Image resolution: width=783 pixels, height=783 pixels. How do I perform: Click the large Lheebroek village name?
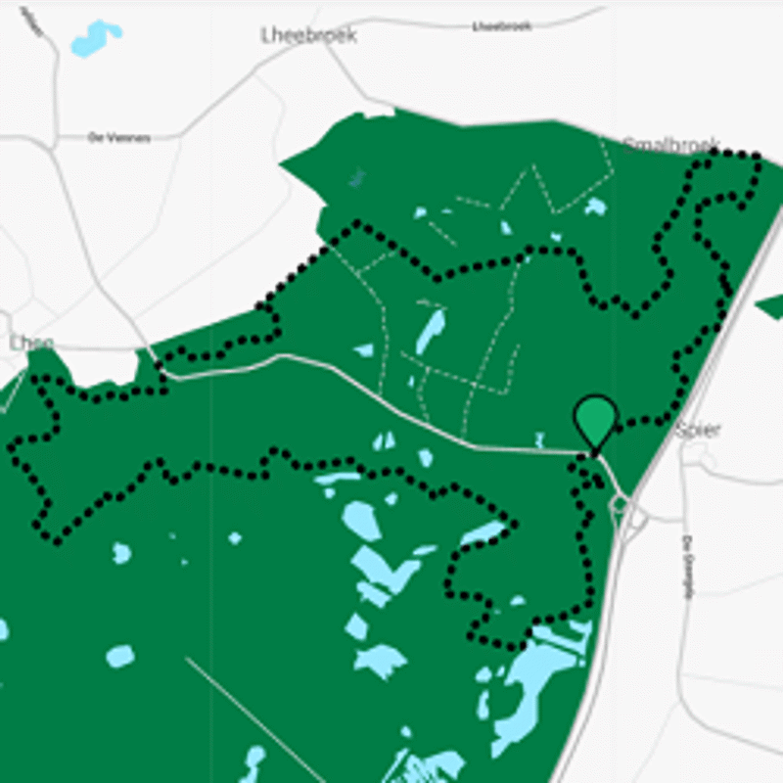click(308, 35)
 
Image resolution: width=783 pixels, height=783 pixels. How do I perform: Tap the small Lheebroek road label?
click(500, 26)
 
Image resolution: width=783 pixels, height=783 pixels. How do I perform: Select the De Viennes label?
click(119, 138)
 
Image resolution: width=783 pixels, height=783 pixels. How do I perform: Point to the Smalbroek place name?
click(671, 145)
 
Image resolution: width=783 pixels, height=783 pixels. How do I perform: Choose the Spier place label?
click(698, 430)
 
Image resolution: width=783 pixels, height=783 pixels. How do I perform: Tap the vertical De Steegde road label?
click(687, 558)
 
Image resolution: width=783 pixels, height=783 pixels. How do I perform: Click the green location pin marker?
click(595, 421)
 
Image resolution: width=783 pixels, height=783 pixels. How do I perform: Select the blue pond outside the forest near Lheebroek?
click(96, 38)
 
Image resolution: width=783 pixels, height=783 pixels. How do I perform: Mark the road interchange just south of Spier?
click(622, 506)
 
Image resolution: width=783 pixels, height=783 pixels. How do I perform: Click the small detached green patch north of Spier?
click(769, 307)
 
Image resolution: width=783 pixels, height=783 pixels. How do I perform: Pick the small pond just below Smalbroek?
click(595, 207)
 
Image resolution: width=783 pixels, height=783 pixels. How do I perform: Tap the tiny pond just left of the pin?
click(539, 438)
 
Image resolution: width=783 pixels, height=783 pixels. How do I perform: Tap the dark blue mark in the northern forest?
click(356, 177)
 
